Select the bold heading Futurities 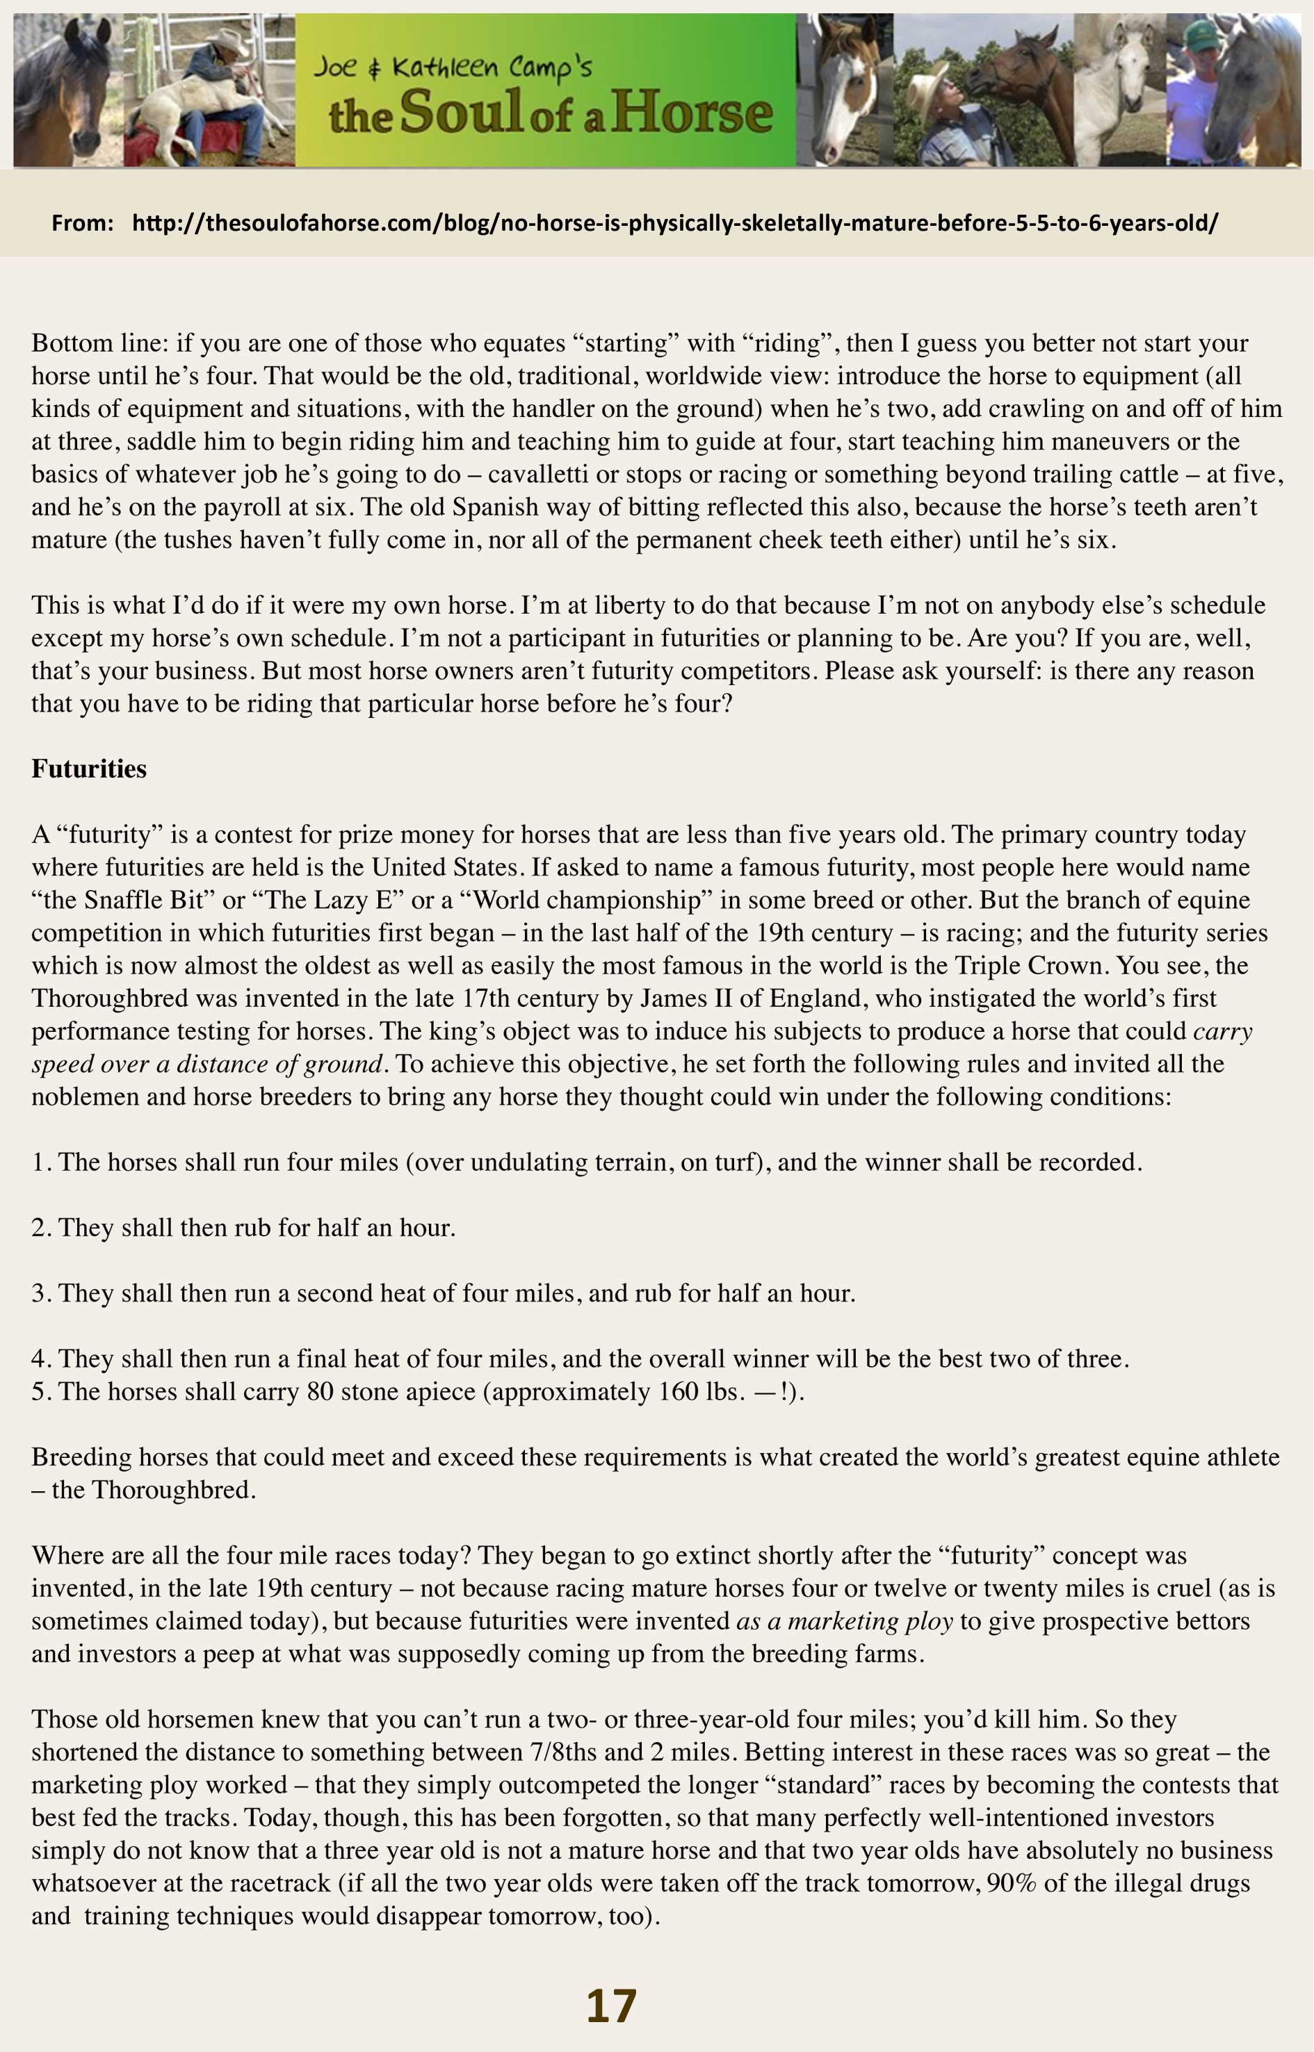(89, 769)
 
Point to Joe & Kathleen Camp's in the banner (452, 66)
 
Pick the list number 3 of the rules (39, 1293)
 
